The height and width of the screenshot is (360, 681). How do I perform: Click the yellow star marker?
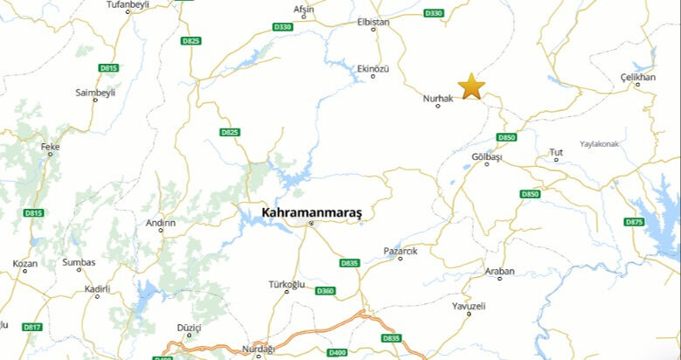click(x=471, y=87)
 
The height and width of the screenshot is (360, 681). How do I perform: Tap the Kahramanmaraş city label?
click(x=311, y=212)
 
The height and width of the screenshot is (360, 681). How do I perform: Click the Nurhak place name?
click(x=438, y=98)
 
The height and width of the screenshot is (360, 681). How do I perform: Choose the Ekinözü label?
click(x=373, y=67)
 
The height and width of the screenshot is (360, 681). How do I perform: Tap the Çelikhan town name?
click(x=637, y=77)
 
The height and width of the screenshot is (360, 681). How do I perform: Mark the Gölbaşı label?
click(x=487, y=156)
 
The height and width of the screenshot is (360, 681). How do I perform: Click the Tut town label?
click(x=556, y=152)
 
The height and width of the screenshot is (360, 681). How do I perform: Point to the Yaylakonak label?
click(x=599, y=143)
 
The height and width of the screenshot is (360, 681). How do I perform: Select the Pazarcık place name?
click(x=400, y=251)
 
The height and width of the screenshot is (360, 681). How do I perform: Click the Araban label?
click(x=500, y=271)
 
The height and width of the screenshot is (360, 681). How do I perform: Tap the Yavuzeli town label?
click(x=469, y=306)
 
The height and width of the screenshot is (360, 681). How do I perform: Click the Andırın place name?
click(x=161, y=223)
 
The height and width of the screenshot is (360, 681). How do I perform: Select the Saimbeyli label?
click(x=95, y=92)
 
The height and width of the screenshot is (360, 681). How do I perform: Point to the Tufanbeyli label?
click(x=129, y=5)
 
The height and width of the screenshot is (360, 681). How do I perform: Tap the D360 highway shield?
click(x=325, y=290)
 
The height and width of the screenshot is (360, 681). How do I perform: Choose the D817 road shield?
click(x=32, y=327)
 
